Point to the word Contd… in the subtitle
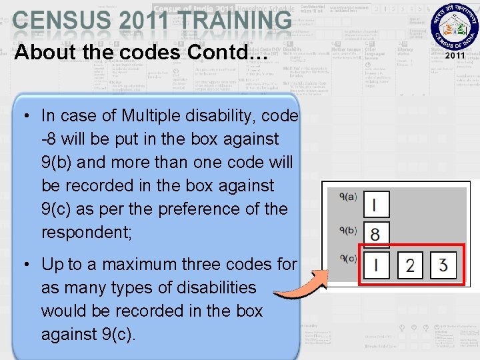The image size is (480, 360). tap(231, 52)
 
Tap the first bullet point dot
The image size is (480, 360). tap(24, 116)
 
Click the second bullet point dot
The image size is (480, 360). tap(24, 265)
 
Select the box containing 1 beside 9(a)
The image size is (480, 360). tap(376, 205)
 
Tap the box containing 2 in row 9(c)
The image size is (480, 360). tap(410, 266)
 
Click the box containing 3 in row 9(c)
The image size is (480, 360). tap(443, 266)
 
